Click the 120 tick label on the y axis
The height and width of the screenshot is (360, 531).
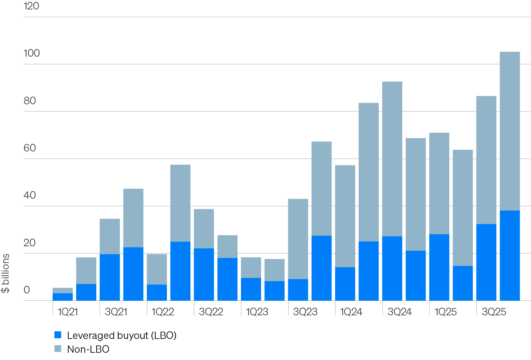coord(31,6)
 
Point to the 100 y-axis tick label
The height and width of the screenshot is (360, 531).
coord(31,53)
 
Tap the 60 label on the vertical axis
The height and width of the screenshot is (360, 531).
coord(30,148)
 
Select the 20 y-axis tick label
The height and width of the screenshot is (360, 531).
coord(30,243)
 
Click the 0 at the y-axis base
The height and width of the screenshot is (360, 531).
coord(27,290)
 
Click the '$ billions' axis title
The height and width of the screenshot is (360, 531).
coord(5,273)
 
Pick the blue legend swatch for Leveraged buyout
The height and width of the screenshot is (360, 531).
coord(58,335)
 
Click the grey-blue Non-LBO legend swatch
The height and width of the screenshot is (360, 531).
coord(58,349)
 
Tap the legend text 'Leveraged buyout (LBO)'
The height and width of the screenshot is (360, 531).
coord(121,335)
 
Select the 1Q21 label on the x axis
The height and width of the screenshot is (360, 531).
coord(68,312)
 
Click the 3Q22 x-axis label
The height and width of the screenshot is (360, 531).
coord(211,312)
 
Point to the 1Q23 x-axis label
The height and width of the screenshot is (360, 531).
coord(257,312)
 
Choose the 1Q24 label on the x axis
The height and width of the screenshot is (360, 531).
coord(351,312)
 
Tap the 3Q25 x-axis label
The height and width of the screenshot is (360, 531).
coord(494,312)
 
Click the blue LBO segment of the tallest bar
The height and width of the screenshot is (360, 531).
coord(510,255)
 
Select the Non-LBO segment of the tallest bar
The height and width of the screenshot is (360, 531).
coord(510,131)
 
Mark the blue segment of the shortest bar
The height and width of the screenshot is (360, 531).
coord(63,297)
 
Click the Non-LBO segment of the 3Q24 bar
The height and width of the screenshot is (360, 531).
coord(392,159)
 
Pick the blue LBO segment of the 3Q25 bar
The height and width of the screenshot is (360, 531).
coord(486,262)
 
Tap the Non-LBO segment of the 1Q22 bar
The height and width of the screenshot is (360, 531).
coord(157,269)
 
